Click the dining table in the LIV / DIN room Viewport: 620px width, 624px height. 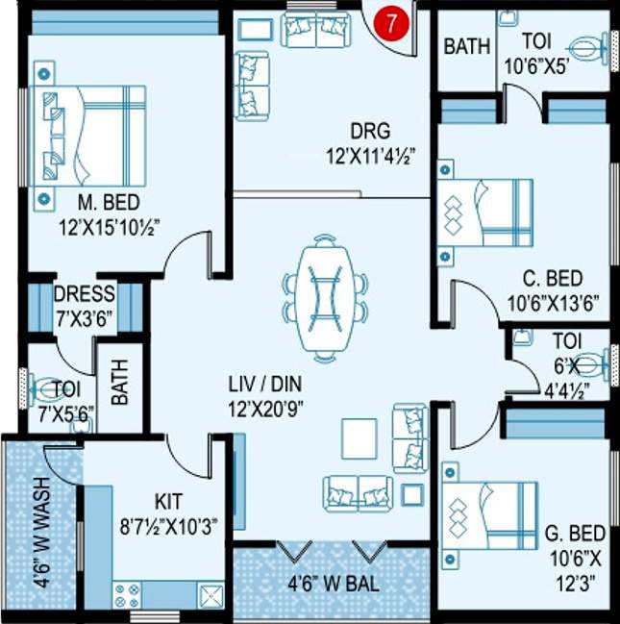click(x=325, y=296)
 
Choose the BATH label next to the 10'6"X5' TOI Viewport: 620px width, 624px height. click(x=467, y=46)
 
